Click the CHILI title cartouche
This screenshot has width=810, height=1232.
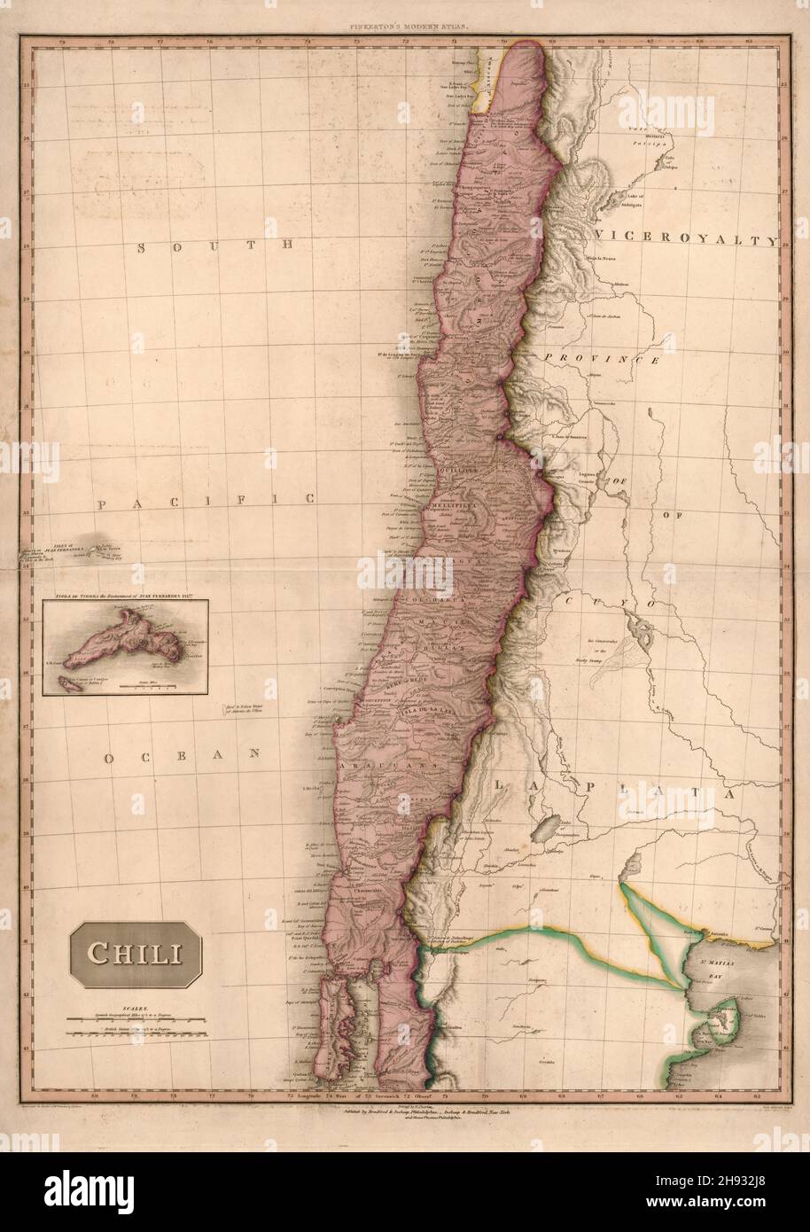(x=136, y=955)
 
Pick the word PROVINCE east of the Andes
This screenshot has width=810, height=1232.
(x=604, y=359)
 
